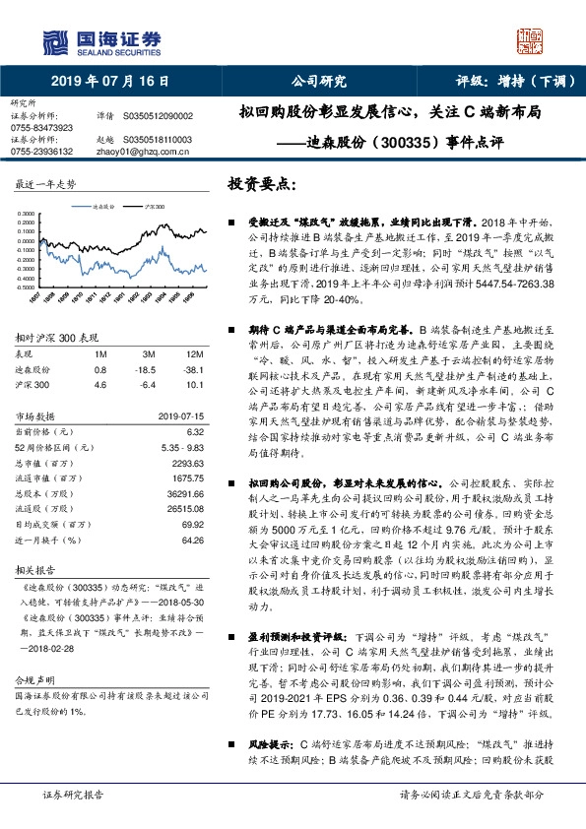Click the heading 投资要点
pos(261,184)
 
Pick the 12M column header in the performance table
pos(194,352)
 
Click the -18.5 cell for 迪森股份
pos(148,369)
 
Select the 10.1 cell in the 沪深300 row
pos(194,386)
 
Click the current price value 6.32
pos(194,431)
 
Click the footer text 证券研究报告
pos(73,794)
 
